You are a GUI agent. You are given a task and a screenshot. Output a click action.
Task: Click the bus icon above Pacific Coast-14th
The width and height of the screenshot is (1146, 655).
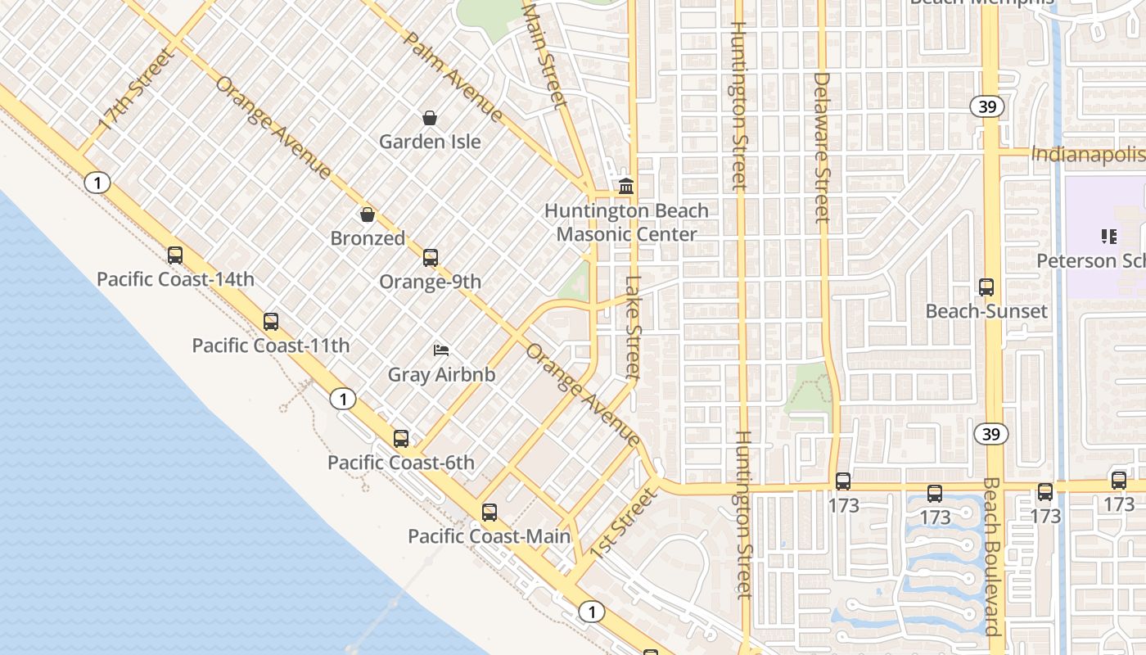click(x=175, y=255)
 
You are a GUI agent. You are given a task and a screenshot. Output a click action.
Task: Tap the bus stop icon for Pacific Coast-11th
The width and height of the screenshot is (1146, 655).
click(x=271, y=322)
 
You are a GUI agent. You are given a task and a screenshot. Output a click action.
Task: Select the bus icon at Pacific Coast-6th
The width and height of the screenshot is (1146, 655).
click(x=401, y=439)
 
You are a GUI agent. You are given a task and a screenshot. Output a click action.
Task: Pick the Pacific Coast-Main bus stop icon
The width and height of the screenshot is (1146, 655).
click(x=490, y=513)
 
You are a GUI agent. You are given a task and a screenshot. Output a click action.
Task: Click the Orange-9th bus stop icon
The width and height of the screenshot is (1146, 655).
click(x=431, y=258)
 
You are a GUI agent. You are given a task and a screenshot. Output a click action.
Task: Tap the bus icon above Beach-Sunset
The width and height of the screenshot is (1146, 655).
click(x=986, y=287)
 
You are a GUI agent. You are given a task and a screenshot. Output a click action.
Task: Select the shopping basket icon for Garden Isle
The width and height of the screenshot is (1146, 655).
click(x=430, y=118)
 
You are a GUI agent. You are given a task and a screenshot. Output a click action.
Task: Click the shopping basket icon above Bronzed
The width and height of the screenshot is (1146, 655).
click(x=368, y=215)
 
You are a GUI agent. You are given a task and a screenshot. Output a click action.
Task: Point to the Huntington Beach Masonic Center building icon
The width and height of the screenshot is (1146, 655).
click(x=626, y=187)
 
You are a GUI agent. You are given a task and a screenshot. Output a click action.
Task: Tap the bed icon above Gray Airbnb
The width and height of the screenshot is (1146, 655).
click(x=441, y=350)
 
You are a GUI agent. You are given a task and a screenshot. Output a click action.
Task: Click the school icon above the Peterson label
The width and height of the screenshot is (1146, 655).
click(x=1109, y=237)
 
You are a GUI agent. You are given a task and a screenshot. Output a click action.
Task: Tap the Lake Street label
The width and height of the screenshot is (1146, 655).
click(x=633, y=327)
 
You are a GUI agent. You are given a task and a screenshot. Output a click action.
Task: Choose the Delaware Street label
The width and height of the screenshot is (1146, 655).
click(x=823, y=147)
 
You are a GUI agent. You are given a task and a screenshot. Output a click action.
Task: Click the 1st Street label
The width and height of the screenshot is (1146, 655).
click(x=624, y=524)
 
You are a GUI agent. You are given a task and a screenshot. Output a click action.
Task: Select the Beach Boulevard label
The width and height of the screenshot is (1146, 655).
click(x=990, y=557)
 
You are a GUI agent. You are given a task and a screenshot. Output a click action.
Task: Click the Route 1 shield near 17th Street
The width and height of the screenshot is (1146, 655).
click(x=97, y=183)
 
